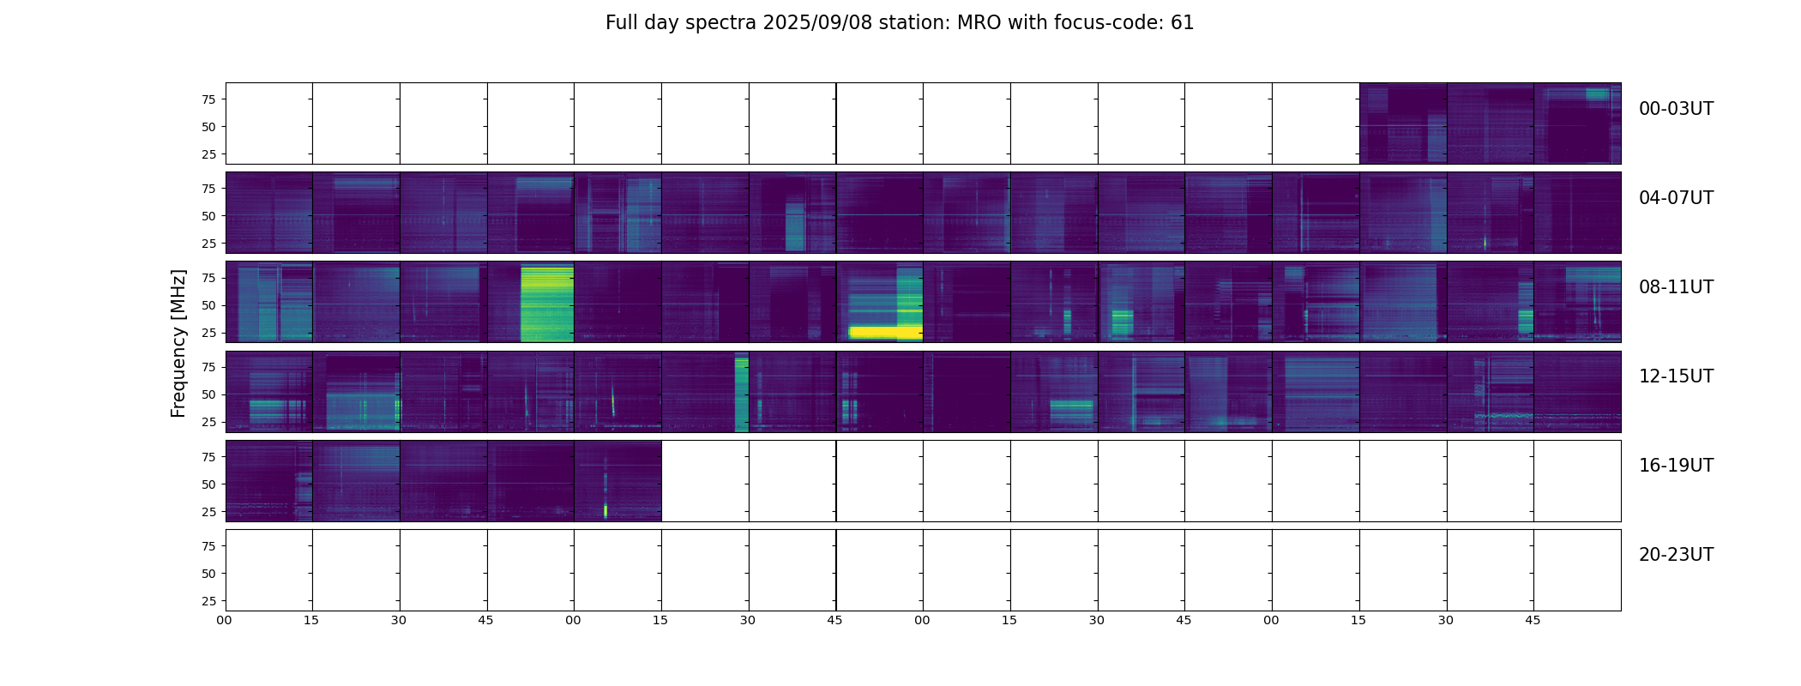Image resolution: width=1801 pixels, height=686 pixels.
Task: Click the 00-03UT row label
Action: click(x=1675, y=109)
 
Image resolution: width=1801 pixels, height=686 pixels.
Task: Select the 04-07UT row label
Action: click(x=1675, y=198)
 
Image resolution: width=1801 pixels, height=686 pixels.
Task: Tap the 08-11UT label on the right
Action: click(x=1675, y=287)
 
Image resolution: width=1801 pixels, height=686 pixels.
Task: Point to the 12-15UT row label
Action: click(x=1675, y=376)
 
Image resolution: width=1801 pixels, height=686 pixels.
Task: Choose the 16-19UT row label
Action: click(x=1675, y=466)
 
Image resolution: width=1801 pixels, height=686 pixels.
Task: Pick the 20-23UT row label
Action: click(x=1675, y=555)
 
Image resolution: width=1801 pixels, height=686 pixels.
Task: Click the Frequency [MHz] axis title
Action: click(x=178, y=343)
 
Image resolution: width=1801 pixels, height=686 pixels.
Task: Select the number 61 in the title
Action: click(x=1182, y=23)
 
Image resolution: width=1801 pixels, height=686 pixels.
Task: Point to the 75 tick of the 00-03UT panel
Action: click(x=208, y=99)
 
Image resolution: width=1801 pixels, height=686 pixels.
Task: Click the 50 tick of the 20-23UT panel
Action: click(x=208, y=574)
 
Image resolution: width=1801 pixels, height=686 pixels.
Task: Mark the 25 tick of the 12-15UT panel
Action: click(x=208, y=422)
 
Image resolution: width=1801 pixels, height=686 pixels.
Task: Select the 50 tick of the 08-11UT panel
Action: click(x=208, y=305)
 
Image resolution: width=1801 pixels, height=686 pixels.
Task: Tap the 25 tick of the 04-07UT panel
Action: click(x=208, y=244)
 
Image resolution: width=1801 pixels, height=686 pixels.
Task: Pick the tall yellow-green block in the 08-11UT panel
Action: click(x=547, y=304)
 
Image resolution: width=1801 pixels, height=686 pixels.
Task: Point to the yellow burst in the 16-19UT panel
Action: click(x=605, y=511)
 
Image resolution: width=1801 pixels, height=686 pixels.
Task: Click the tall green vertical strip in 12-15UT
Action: click(x=741, y=393)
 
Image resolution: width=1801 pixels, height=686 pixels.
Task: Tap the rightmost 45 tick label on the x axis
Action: click(x=1533, y=620)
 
